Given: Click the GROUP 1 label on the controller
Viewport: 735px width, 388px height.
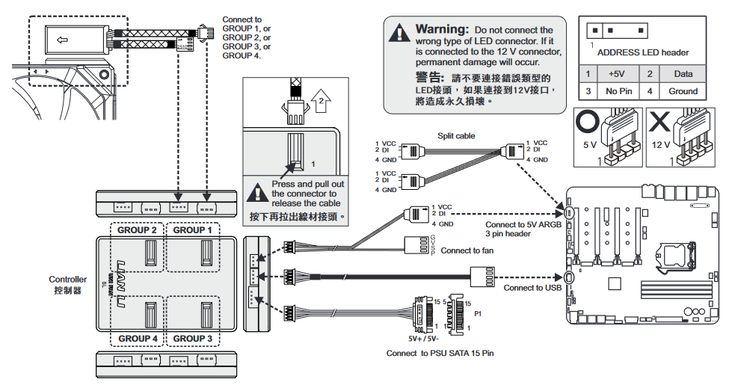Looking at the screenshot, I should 193,230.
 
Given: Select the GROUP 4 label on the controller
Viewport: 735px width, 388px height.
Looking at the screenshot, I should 138,338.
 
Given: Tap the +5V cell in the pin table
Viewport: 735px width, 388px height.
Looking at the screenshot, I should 616,74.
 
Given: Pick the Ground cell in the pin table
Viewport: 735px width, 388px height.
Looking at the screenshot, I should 683,91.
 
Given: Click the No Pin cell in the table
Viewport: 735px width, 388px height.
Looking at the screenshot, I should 616,91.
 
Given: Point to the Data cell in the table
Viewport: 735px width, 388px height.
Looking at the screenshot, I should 683,74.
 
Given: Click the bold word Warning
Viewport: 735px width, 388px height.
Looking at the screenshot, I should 442,29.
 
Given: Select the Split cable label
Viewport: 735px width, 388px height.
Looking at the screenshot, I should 456,136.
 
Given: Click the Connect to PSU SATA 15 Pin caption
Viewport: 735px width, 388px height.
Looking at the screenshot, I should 440,353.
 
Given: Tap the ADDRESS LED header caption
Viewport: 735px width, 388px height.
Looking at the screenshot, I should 642,52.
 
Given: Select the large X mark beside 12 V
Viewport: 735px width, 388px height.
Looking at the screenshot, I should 659,121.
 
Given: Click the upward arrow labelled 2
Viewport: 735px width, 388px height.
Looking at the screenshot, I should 320,99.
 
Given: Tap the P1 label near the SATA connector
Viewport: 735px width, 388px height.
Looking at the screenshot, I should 477,315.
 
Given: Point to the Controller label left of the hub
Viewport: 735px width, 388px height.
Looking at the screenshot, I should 68,280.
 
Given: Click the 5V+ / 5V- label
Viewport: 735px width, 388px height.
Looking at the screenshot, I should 424,337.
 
